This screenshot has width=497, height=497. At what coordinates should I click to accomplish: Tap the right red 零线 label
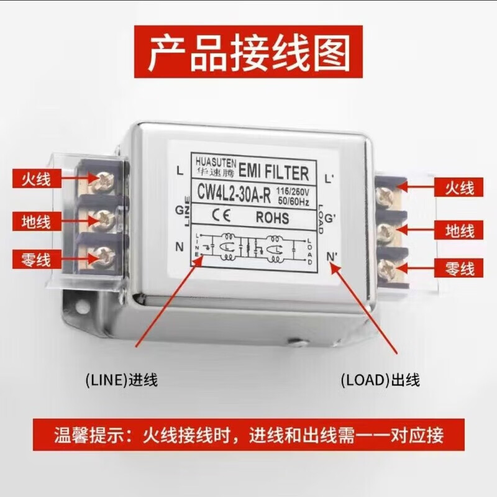[x=460, y=268]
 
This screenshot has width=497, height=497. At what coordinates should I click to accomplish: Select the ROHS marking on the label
[x=272, y=217]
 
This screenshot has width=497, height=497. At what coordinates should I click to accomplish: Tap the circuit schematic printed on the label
[x=252, y=246]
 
